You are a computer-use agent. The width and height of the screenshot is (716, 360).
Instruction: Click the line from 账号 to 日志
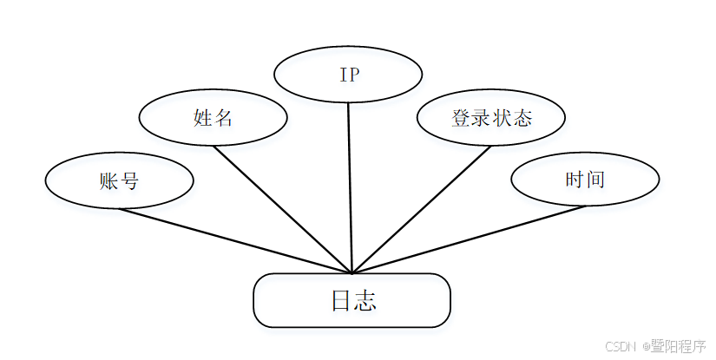(x=234, y=239)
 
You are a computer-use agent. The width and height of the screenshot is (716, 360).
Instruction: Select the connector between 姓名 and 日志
(x=282, y=208)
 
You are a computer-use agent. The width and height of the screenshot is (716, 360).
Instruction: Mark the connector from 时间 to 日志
(x=469, y=239)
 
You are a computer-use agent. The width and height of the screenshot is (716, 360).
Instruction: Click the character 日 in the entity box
(x=341, y=301)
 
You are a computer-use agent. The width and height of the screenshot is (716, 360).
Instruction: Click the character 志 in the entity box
(x=365, y=301)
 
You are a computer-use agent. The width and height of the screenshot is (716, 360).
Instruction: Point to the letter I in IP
(x=343, y=74)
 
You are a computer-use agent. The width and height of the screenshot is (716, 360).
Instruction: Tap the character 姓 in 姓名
(x=203, y=117)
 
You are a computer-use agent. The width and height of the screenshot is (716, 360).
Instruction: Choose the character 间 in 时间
(x=595, y=180)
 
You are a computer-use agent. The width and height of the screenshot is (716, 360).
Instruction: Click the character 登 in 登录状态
(x=461, y=117)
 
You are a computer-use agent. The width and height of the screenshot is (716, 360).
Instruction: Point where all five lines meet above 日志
(x=352, y=272)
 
